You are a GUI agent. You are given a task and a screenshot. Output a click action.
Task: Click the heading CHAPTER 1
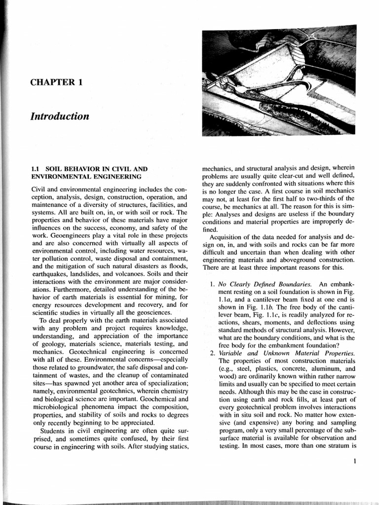point(56,82)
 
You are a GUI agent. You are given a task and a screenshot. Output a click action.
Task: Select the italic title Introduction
point(60,117)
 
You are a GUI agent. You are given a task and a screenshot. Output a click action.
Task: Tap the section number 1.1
point(36,169)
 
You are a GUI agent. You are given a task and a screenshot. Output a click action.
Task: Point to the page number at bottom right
point(355,462)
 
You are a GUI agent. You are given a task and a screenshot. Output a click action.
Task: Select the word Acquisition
point(228,237)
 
